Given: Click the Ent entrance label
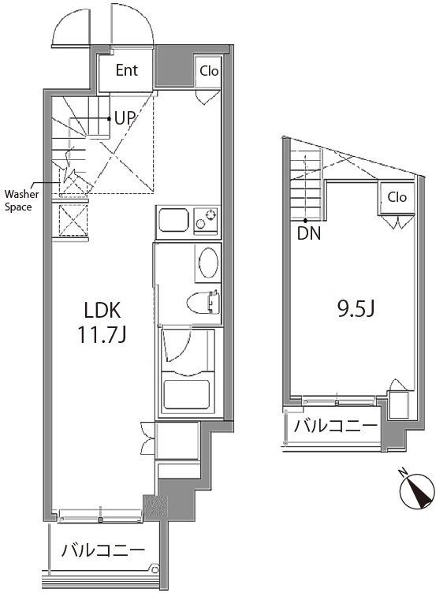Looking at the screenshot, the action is click(127, 70).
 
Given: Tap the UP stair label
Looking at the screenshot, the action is click(125, 118).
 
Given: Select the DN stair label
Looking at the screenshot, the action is click(309, 233).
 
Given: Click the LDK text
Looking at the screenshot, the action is click(102, 310).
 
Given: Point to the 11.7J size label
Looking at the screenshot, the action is click(102, 335).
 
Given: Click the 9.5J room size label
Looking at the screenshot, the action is click(356, 309).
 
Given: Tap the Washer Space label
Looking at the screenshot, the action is click(21, 200).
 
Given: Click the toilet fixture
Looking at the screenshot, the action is click(203, 304).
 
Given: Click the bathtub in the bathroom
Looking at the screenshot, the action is click(186, 393).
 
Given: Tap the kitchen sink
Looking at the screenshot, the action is click(173, 220).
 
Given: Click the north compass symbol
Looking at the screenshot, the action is click(417, 491).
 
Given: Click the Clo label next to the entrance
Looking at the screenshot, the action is click(209, 71).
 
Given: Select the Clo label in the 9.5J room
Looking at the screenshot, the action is click(397, 197).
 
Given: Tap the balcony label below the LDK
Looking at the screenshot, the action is click(103, 550).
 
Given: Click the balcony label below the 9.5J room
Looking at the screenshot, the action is click(336, 426).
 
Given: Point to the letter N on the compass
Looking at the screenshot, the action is click(403, 473).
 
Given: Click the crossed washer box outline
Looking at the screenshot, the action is click(74, 221).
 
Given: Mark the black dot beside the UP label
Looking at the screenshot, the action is click(110, 118).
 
